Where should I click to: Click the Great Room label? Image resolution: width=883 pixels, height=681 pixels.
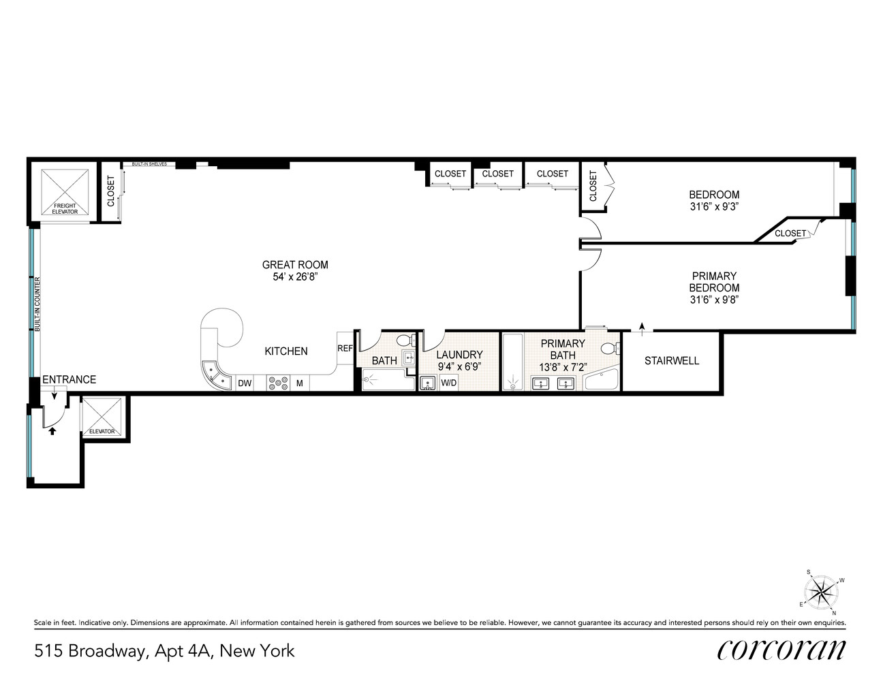(295, 265)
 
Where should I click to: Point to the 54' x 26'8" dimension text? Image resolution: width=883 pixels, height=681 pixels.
(295, 277)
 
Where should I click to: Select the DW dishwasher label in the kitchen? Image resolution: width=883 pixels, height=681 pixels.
(245, 384)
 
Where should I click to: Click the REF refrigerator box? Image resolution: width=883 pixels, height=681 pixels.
(345, 348)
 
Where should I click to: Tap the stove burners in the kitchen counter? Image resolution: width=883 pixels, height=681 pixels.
(279, 383)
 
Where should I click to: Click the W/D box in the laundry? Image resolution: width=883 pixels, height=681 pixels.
(449, 383)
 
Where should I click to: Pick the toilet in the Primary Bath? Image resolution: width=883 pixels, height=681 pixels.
(610, 349)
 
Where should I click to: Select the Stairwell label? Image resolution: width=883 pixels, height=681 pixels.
(671, 361)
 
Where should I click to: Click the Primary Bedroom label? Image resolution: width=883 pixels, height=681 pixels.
(714, 282)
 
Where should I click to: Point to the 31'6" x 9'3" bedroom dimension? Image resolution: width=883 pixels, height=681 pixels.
(714, 207)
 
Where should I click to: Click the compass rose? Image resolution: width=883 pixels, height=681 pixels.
(822, 590)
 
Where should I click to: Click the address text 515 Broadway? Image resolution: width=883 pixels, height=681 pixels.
(89, 651)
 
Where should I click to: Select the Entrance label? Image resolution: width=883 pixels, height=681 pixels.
(69, 379)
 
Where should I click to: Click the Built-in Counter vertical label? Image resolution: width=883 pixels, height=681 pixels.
(37, 304)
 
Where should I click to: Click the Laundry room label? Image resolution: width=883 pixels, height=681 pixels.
(459, 355)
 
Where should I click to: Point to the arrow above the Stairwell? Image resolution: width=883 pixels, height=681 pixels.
(642, 326)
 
